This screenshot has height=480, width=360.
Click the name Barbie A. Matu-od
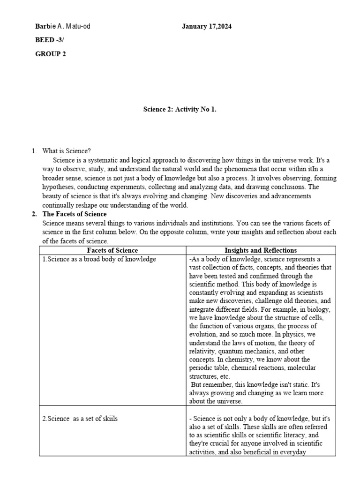pyautogui.click(x=63, y=27)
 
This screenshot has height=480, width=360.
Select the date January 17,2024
pyautogui.click(x=207, y=27)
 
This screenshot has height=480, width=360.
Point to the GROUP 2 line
pyautogui.click(x=51, y=54)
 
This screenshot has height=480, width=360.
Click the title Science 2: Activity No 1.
pyautogui.click(x=180, y=110)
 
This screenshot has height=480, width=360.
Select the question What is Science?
pyautogui.click(x=67, y=151)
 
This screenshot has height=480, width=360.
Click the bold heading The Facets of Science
pyautogui.click(x=75, y=214)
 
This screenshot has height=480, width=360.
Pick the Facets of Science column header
pyautogui.click(x=113, y=250)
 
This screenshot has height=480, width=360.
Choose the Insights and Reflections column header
pyautogui.click(x=261, y=250)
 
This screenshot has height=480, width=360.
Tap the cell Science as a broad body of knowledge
pyautogui.click(x=99, y=259)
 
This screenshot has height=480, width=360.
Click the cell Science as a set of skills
pyautogui.click(x=80, y=419)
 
